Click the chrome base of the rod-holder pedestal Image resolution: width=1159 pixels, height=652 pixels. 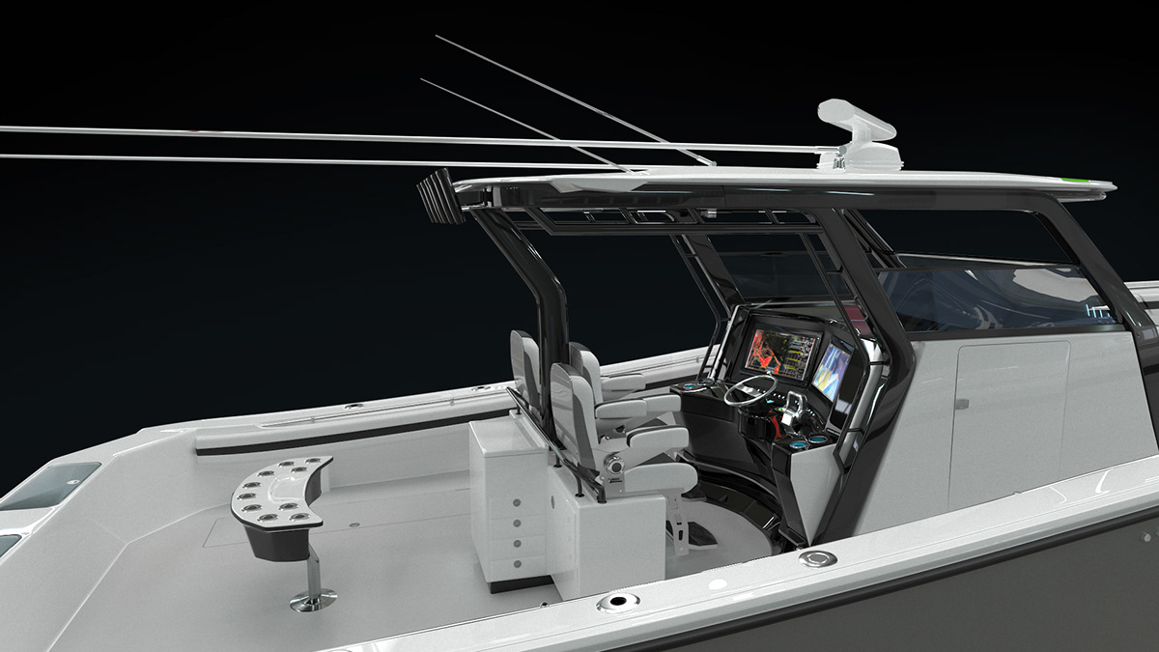(313, 599)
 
